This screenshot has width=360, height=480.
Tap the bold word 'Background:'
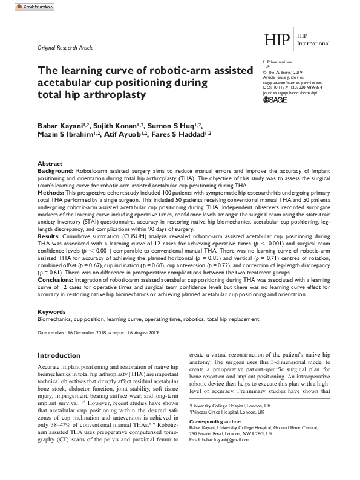pos(56,172)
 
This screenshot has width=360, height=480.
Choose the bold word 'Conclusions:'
pos(57,281)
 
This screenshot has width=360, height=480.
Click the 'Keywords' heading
pos(51,311)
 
